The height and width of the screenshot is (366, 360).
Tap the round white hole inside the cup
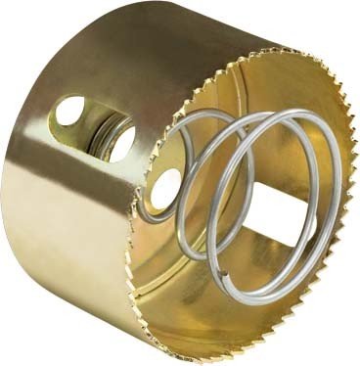pyautogui.click(x=164, y=187)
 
